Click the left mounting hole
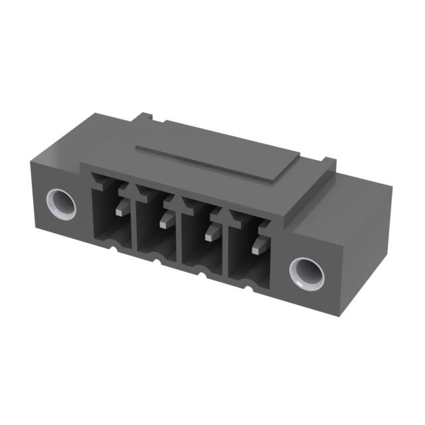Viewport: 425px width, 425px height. [x=60, y=203]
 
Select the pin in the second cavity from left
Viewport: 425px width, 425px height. [x=165, y=220]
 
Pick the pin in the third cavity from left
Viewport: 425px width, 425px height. [x=212, y=232]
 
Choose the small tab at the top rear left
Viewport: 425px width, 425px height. [x=147, y=119]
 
